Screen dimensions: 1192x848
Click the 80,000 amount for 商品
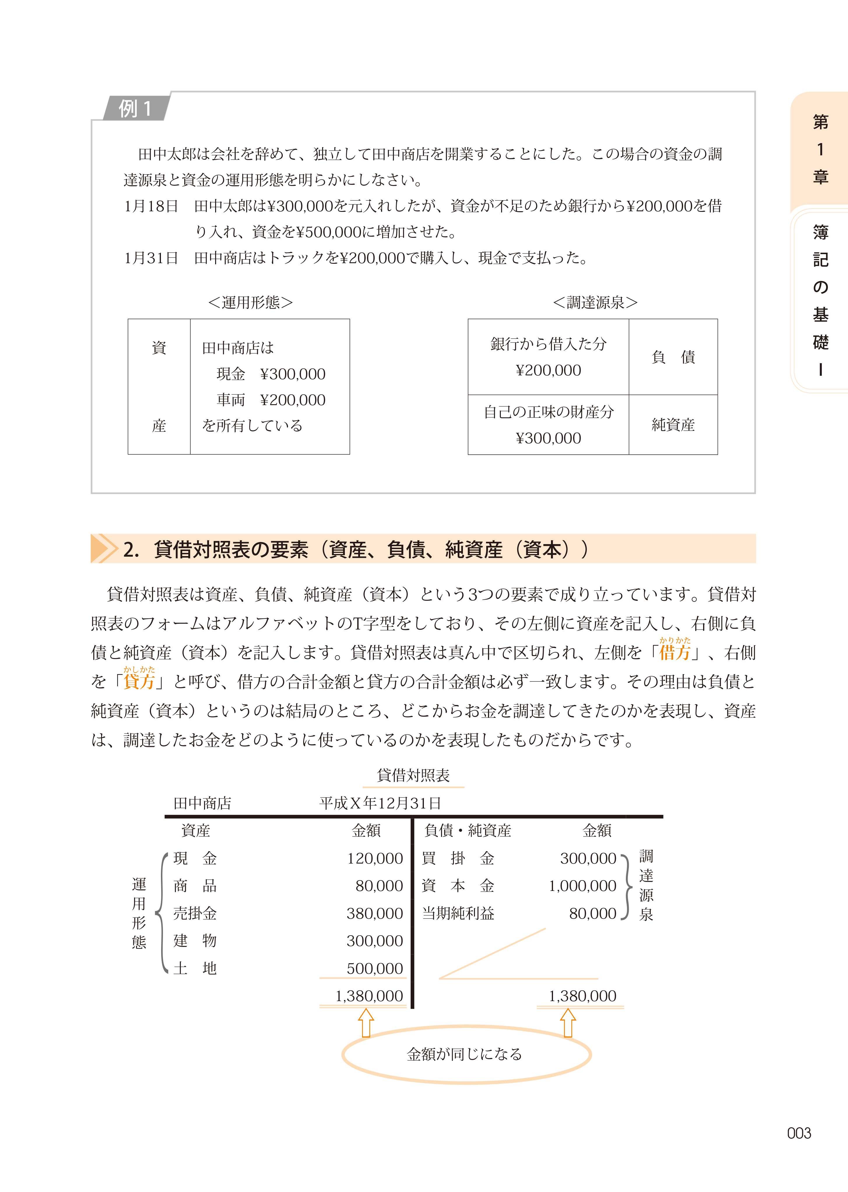[379, 886]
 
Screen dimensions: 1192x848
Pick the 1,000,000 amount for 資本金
[582, 886]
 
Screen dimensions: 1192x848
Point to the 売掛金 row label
[195, 913]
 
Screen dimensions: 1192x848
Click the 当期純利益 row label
[458, 913]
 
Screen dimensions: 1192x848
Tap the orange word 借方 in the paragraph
[675, 652]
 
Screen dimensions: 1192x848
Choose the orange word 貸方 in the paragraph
[139, 682]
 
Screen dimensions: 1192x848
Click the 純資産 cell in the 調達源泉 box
[673, 425]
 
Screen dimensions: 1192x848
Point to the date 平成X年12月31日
[380, 803]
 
